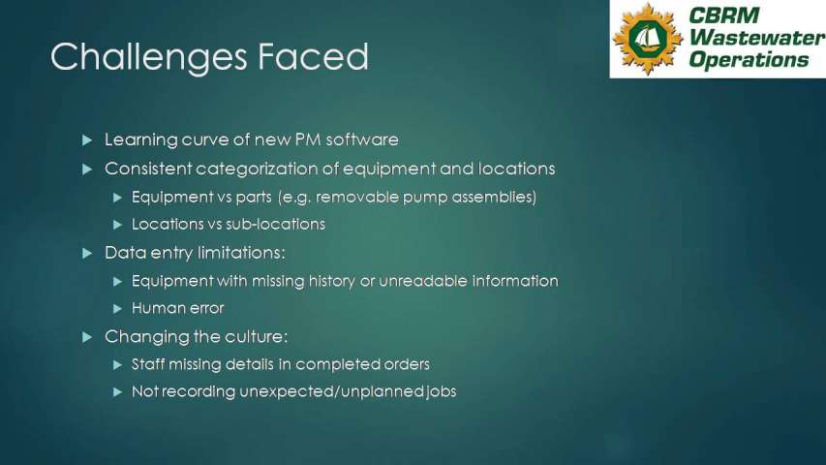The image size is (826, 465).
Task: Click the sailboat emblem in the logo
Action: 648,39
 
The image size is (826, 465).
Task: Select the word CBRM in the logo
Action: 723,15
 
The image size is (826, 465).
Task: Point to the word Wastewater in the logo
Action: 757,37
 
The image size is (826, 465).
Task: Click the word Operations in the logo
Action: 749,58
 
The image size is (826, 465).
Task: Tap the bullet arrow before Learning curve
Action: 87,140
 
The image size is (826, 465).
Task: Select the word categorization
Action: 266,169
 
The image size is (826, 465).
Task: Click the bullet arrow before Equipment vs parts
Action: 117,198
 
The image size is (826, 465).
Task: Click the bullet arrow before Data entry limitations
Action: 87,254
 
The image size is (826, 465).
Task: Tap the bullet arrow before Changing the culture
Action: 87,337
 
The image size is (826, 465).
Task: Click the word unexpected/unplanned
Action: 332,391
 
